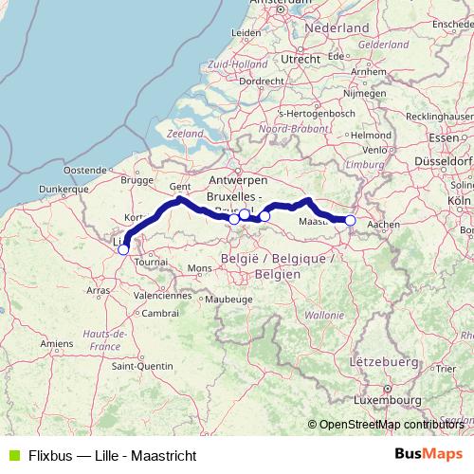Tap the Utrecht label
coord(301,59)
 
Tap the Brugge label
coord(137,179)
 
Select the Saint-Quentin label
coord(141,365)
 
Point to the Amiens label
coord(57,342)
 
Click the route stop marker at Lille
coord(123,249)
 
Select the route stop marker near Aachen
coord(350,221)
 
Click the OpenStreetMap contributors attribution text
coord(391,424)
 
